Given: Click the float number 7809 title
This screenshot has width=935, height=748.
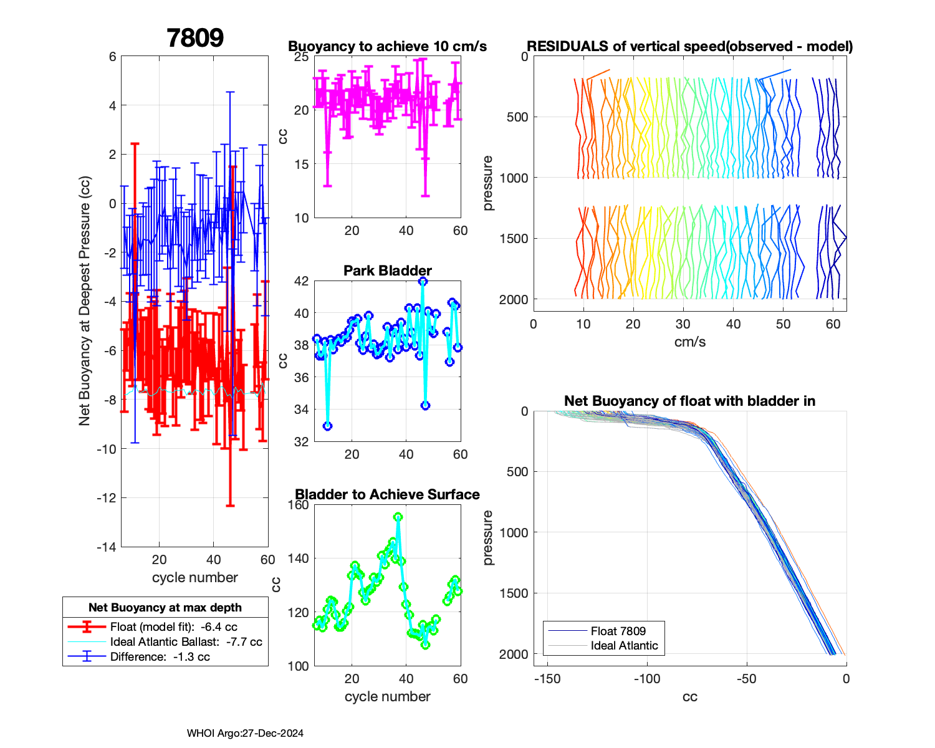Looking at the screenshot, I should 195,38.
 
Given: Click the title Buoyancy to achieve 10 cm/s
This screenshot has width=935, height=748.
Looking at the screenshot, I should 387,47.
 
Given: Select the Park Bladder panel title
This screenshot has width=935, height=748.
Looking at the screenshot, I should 387,271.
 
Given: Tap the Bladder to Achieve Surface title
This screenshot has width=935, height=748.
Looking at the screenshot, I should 387,495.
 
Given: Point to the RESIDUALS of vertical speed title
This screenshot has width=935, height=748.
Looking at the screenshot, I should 689,47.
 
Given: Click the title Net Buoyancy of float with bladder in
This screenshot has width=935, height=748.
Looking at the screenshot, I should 689,401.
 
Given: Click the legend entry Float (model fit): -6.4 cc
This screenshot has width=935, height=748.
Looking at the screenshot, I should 173,627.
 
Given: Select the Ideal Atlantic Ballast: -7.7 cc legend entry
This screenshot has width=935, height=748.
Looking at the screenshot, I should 186,642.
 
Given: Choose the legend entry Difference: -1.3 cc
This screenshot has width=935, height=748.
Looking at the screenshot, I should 160,657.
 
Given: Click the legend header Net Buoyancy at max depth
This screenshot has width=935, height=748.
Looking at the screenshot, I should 165,608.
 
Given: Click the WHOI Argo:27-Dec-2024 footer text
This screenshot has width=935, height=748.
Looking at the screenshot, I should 245,734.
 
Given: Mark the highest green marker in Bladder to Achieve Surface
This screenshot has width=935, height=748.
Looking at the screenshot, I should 398,517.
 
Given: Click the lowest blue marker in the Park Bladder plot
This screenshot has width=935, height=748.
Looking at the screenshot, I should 328,426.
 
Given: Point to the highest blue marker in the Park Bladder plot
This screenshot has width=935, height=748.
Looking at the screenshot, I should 423,281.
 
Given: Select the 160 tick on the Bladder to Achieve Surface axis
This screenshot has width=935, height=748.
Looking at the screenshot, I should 298,505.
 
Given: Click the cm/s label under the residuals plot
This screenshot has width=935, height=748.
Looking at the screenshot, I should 689,342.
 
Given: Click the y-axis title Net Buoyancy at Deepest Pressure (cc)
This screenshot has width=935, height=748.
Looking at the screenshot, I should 85,302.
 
